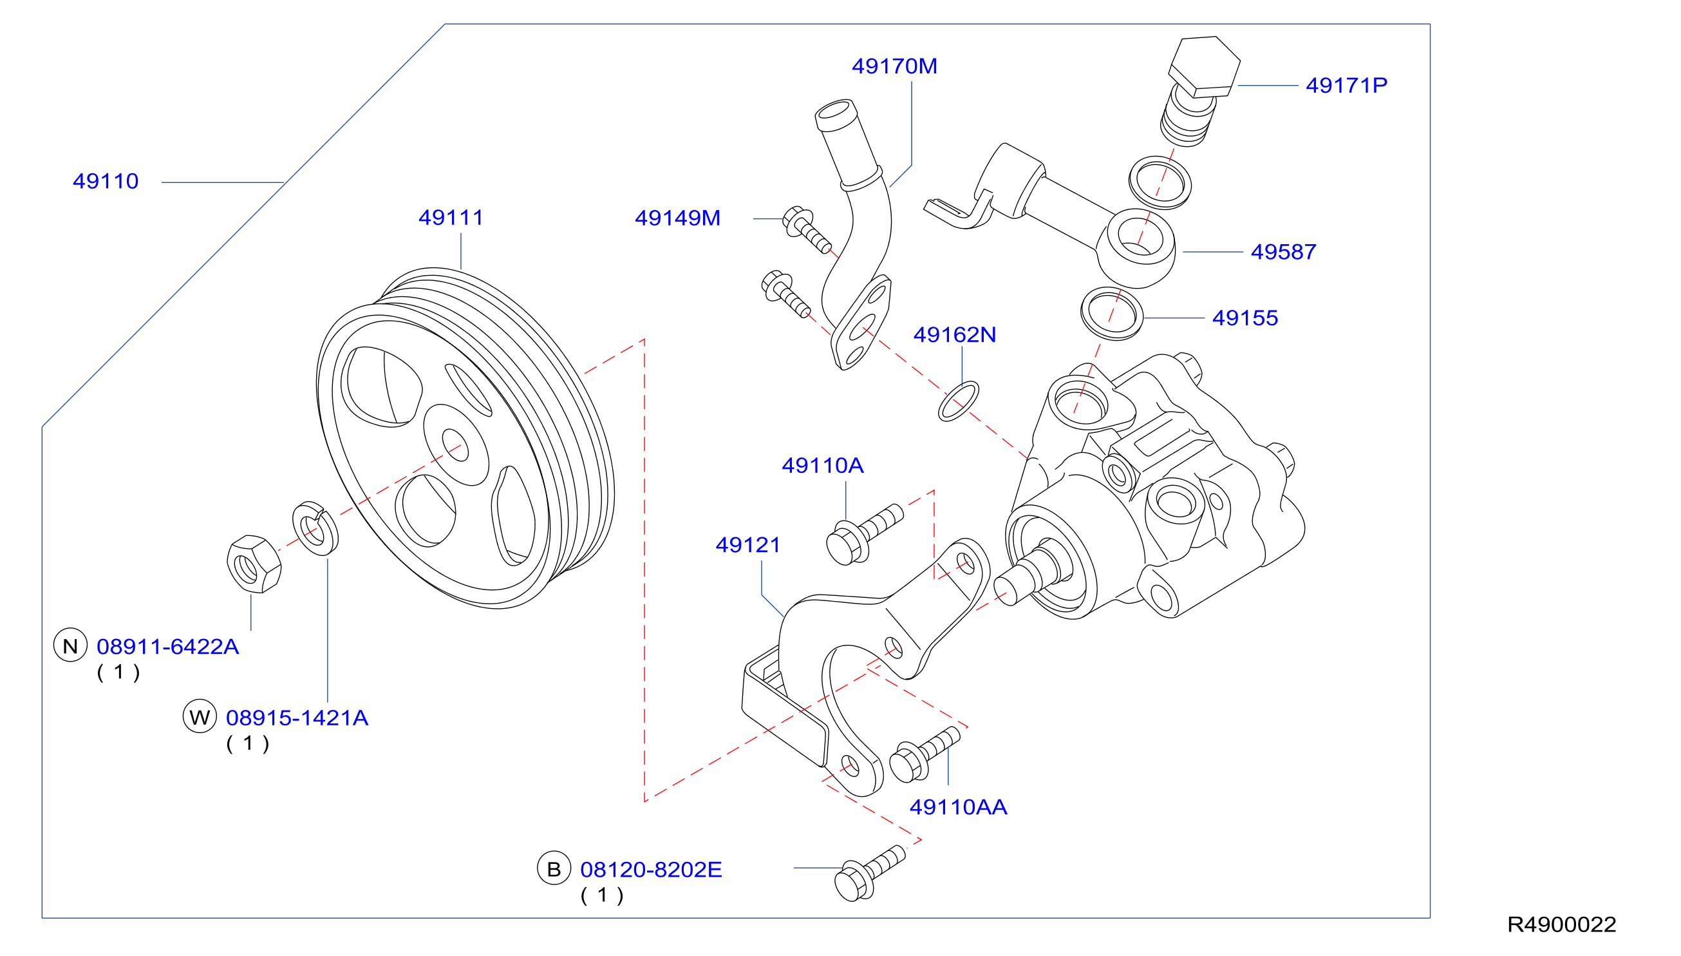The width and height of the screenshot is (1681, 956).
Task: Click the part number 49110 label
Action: coord(106,181)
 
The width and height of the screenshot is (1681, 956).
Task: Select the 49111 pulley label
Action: coord(451,217)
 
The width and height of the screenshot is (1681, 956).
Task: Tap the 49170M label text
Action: coord(894,66)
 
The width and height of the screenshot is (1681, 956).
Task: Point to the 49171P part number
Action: coord(1346,85)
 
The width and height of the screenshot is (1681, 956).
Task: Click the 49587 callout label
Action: coord(1283,252)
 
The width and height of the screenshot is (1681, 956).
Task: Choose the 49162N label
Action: coord(955,335)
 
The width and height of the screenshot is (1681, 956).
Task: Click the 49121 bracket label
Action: coord(748,545)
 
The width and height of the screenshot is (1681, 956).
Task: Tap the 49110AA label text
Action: coord(958,807)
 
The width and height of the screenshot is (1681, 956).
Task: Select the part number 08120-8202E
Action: coord(651,869)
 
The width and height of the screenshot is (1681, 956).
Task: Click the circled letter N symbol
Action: coord(70,646)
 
